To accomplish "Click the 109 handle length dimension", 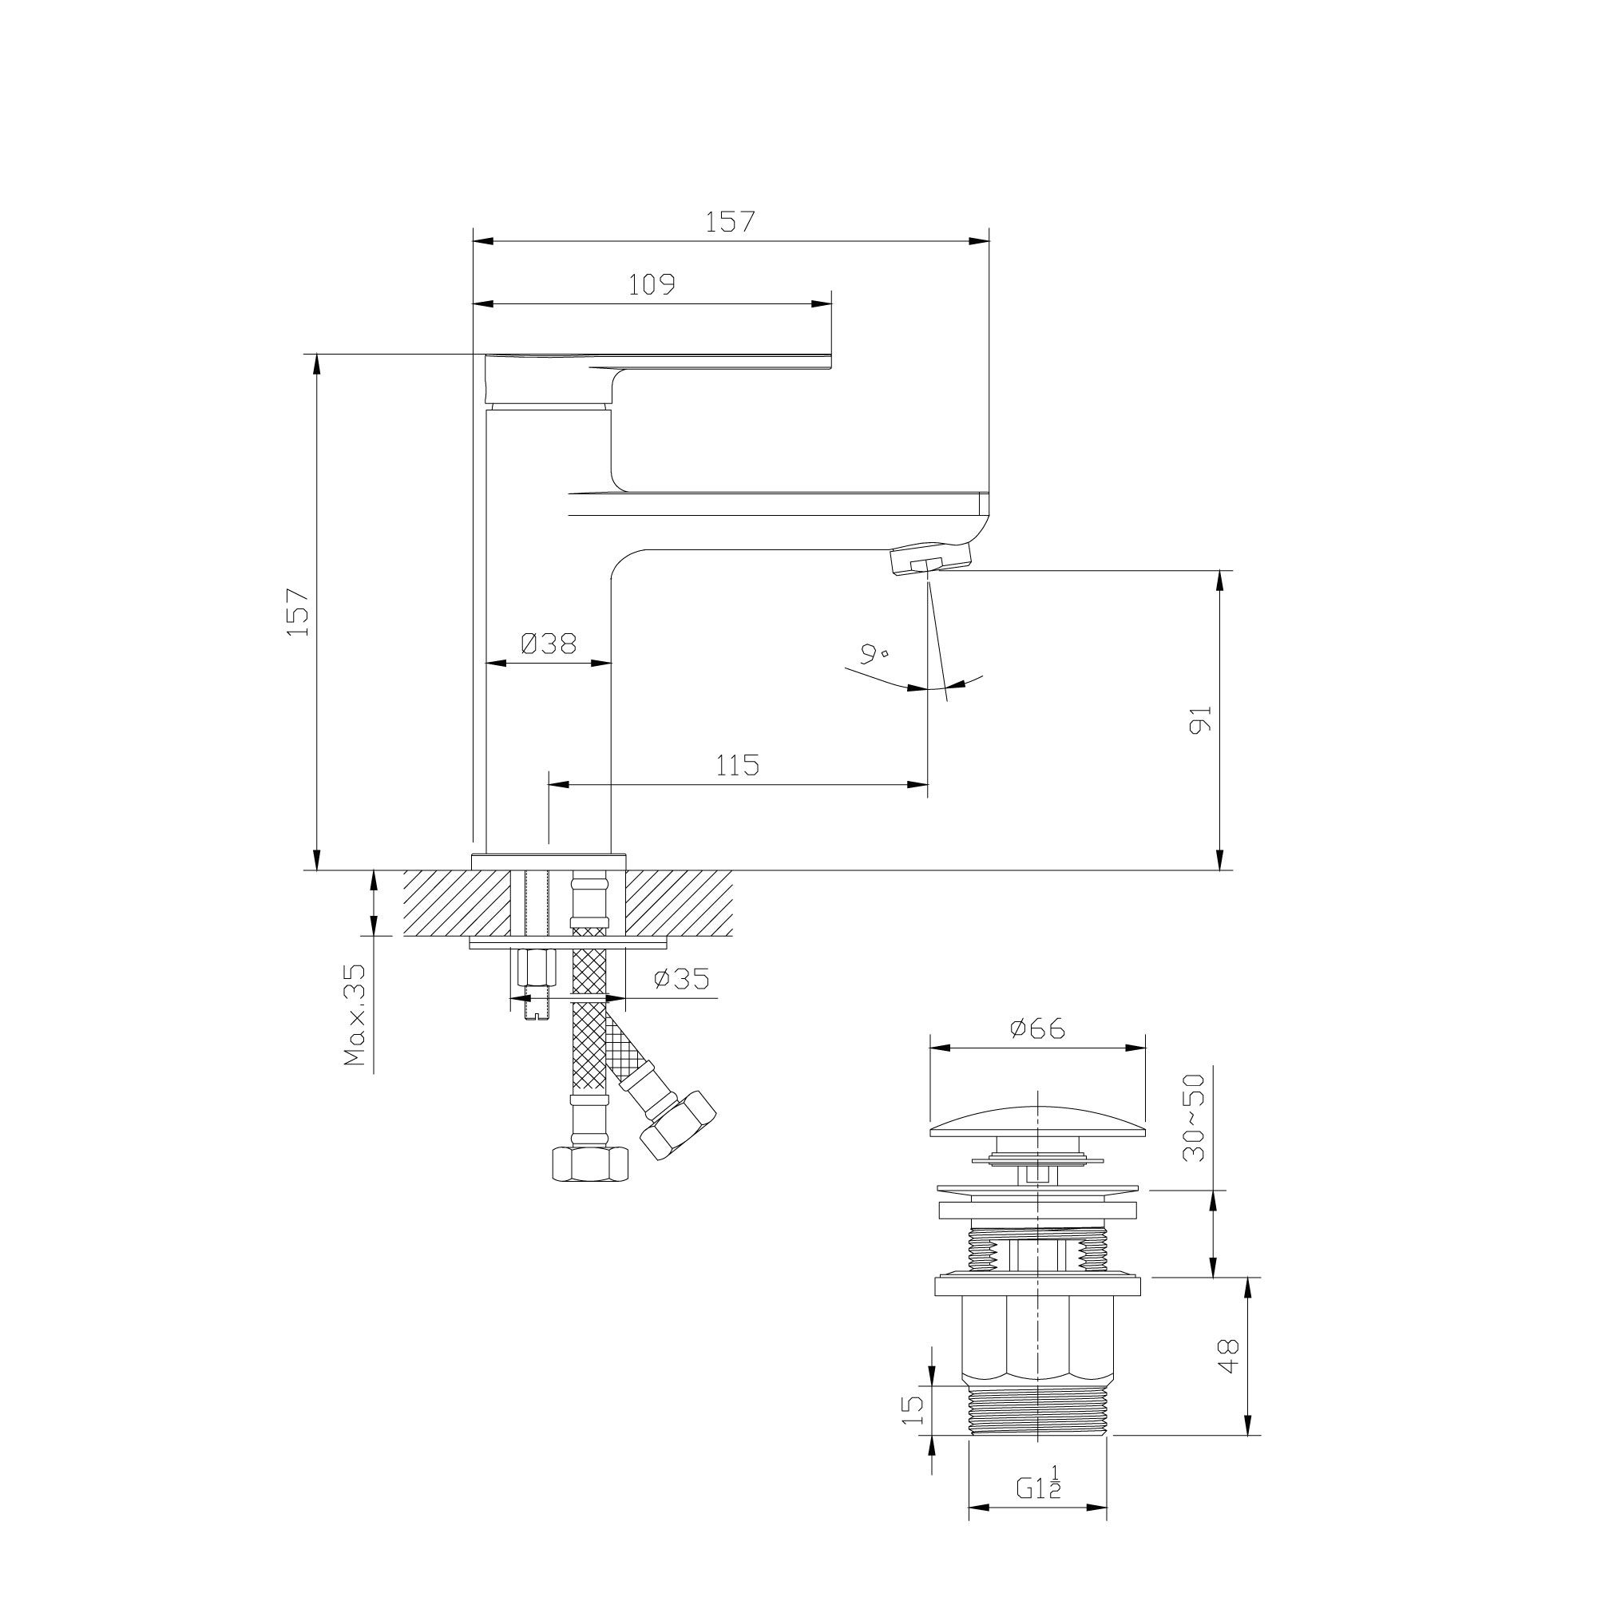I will point(652,284).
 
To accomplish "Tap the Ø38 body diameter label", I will point(548,643).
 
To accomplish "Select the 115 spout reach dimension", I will point(737,766).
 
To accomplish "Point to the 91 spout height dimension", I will point(1200,719).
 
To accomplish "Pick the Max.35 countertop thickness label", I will point(355,1013).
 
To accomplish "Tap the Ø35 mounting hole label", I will point(682,980).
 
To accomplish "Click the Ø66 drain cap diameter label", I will point(1037,1029).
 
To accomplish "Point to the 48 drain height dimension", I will point(1229,1356).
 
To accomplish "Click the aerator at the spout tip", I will point(917,561).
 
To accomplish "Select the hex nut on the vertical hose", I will point(589,1165).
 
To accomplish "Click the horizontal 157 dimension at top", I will point(730,221).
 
